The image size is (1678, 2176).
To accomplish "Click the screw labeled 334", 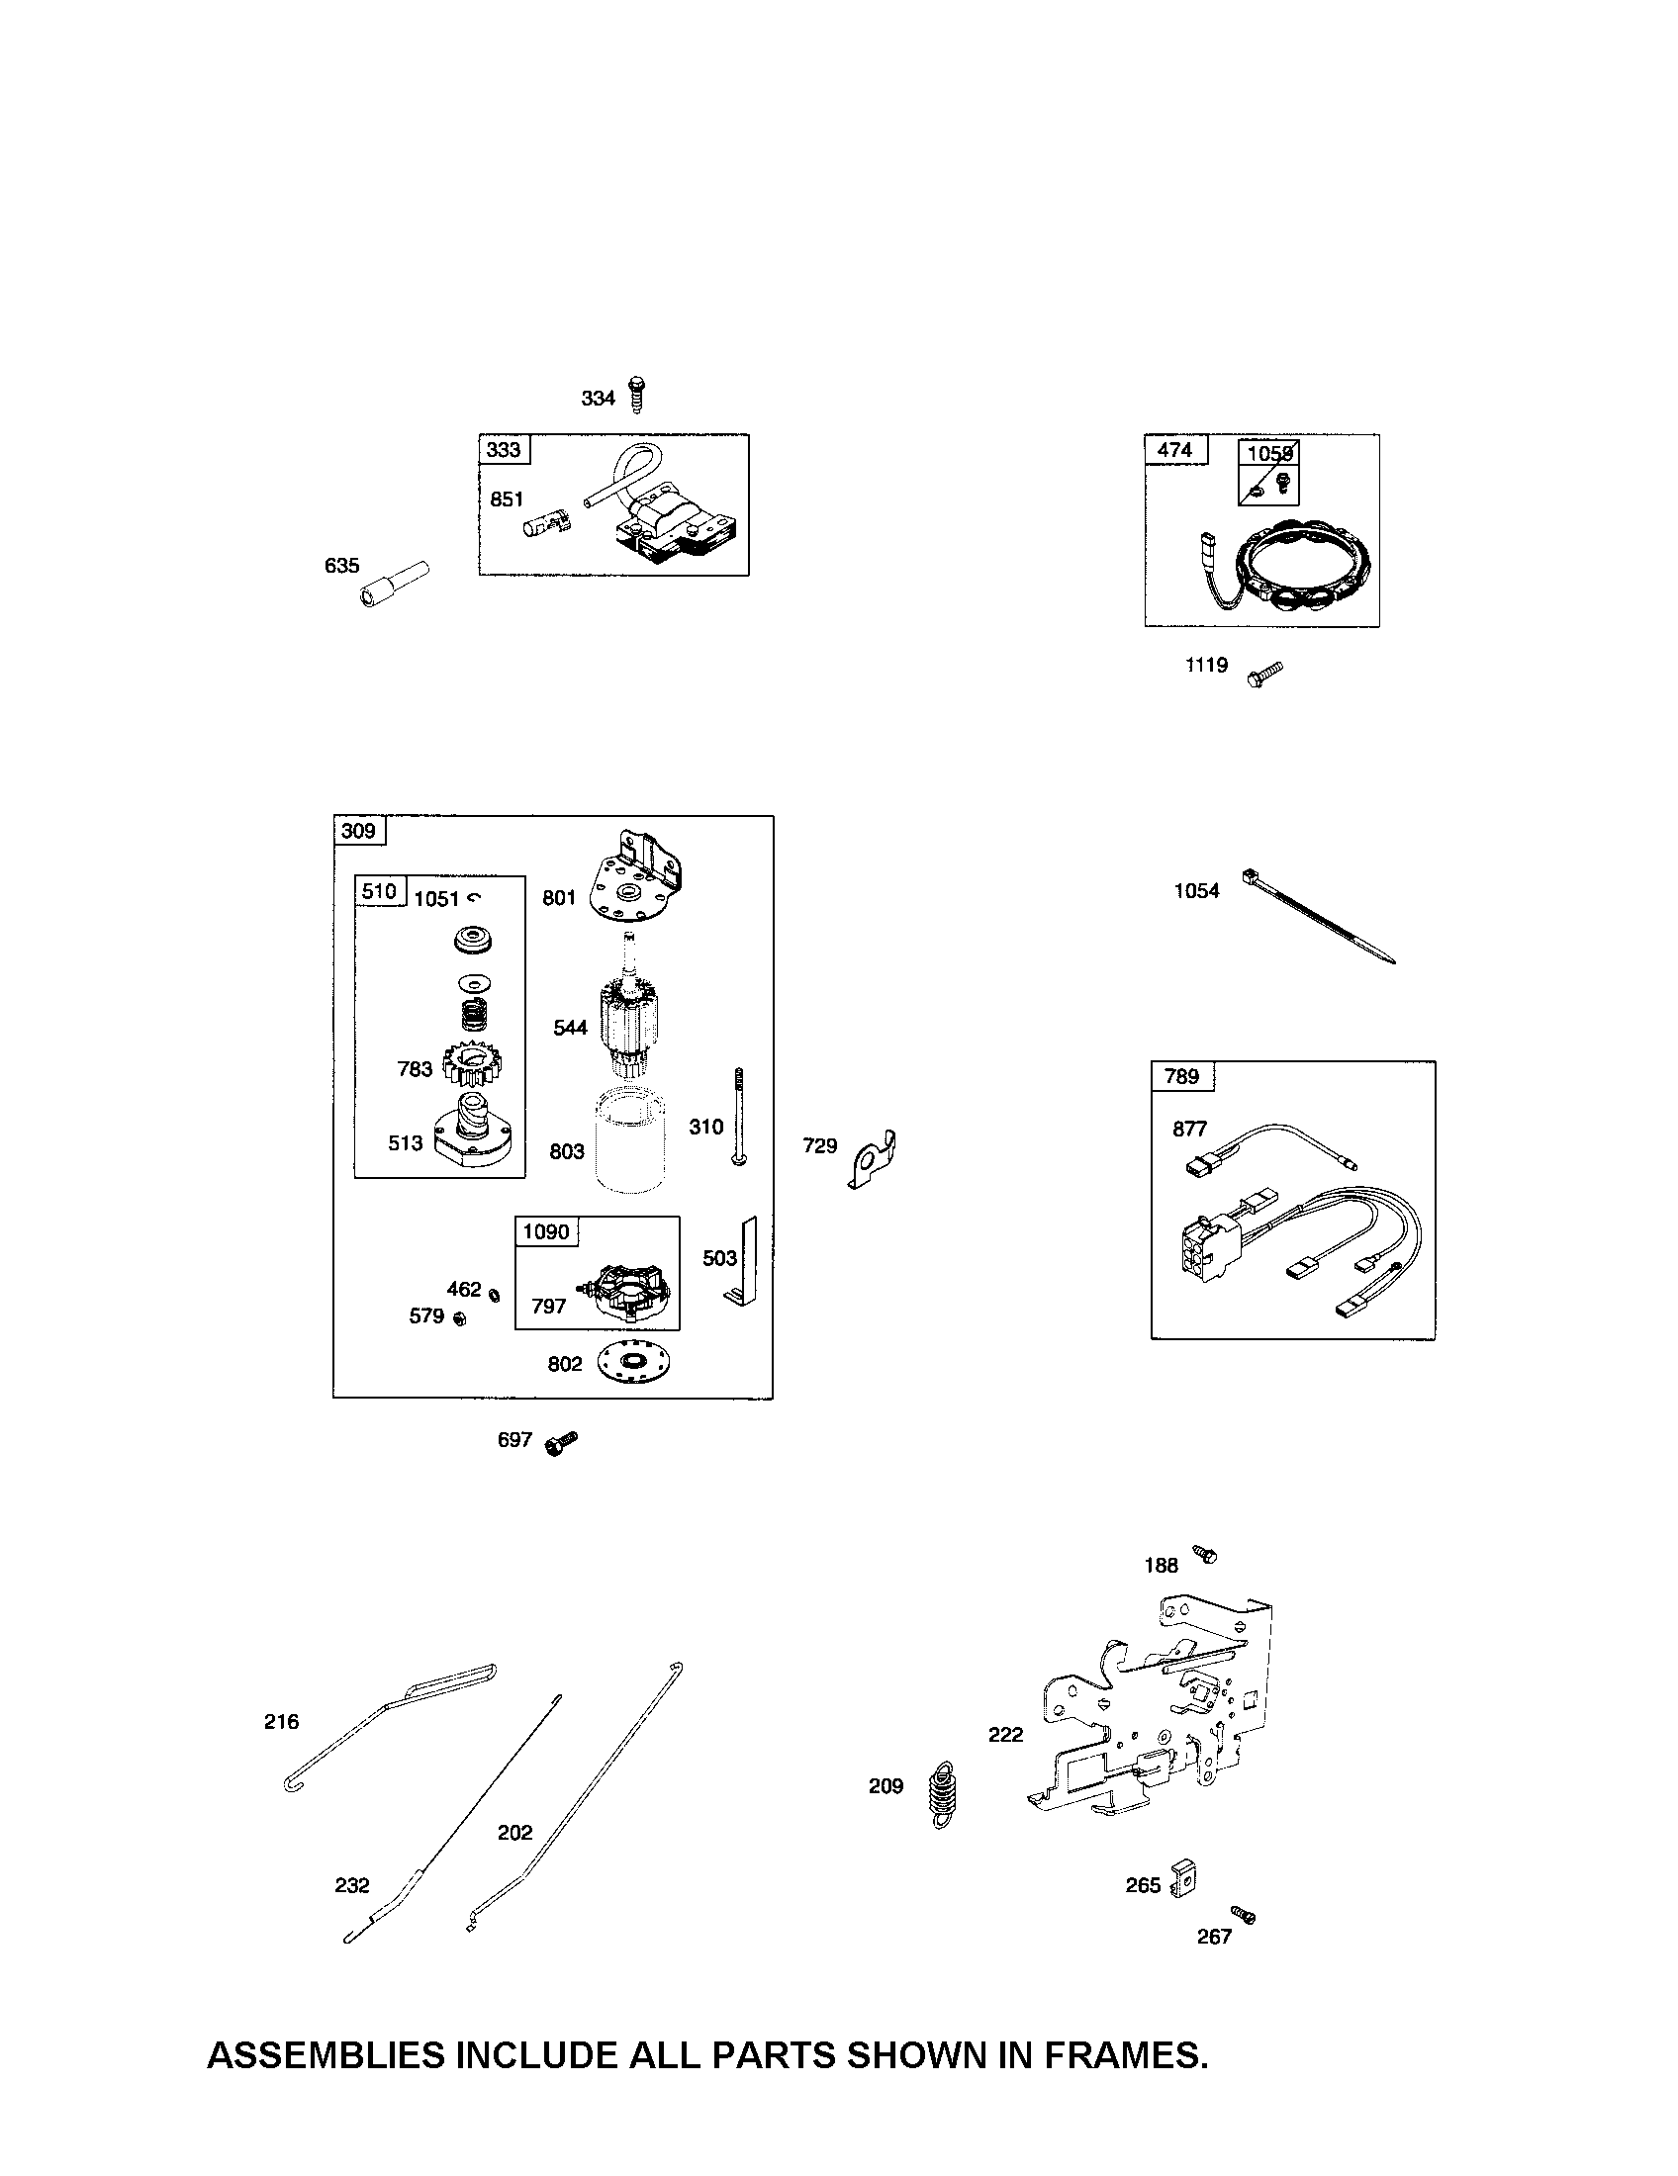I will coord(637,395).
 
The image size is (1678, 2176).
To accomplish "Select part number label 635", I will coord(341,566).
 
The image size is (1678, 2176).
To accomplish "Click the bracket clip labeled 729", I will coord(874,1160).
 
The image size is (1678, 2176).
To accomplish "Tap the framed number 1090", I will coord(546,1231).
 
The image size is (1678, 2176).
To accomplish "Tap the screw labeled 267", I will coord(1244,1915).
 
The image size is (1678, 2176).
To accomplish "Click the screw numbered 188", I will coord(1206,1554).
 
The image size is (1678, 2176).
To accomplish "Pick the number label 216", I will coord(281,1722).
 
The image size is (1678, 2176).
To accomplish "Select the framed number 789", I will coord(1181,1076).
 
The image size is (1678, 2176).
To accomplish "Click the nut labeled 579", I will coord(459,1319).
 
